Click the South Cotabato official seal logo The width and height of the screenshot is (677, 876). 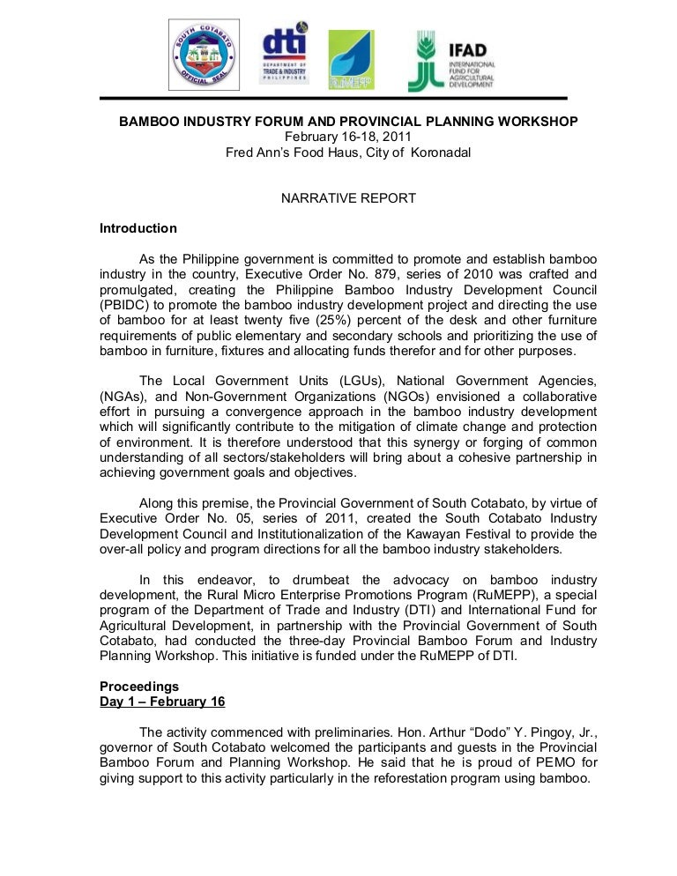click(x=205, y=55)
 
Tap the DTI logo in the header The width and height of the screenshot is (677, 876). click(x=284, y=54)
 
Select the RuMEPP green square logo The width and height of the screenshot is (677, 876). click(x=351, y=59)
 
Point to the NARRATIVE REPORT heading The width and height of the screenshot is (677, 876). click(x=348, y=198)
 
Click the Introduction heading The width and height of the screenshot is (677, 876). click(x=138, y=228)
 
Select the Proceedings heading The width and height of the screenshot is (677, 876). click(x=139, y=686)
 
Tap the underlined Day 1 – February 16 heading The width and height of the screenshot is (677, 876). click(x=162, y=702)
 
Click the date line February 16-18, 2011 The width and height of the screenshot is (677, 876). click(x=348, y=137)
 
